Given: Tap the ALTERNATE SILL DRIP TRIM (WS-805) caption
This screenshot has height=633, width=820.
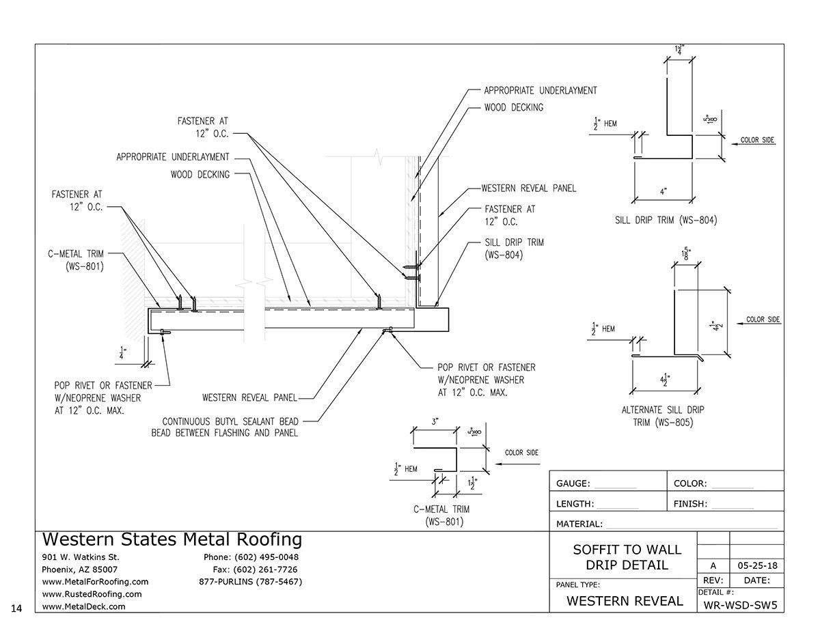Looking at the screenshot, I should [x=662, y=416].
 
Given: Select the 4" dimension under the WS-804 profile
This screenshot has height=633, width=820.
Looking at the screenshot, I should [x=663, y=193].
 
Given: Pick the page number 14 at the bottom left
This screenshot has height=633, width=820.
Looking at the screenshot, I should [x=18, y=606].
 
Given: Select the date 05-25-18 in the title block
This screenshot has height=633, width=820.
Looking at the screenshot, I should [x=756, y=565].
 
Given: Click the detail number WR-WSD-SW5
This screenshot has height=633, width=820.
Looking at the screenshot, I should [x=741, y=604].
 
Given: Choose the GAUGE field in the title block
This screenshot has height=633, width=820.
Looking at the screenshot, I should [x=573, y=483].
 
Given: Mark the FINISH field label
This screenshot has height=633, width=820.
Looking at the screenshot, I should [x=690, y=505].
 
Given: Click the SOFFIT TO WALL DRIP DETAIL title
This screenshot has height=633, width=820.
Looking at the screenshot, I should [x=626, y=557].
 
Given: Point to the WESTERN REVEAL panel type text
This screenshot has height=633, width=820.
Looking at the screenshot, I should [x=625, y=601].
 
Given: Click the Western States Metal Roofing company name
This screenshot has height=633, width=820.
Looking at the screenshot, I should [x=172, y=539].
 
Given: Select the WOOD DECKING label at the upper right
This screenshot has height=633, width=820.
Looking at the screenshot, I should [x=513, y=107].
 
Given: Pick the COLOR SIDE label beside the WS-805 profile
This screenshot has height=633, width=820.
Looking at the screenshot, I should [x=763, y=319].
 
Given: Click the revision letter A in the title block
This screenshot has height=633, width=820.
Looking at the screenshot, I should [x=713, y=565].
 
